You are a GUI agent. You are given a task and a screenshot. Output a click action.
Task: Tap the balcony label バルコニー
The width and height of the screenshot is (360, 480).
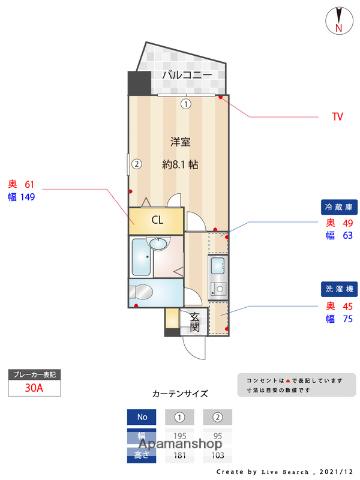(x=185, y=75)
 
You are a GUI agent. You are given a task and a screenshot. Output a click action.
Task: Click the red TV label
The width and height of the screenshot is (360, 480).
(x=337, y=118)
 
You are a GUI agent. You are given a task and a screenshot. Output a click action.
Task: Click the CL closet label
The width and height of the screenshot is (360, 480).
(x=157, y=219)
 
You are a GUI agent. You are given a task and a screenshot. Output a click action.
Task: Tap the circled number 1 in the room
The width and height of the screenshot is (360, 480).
(x=185, y=103)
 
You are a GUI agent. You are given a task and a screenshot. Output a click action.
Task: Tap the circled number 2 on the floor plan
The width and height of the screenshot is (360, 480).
(x=139, y=165)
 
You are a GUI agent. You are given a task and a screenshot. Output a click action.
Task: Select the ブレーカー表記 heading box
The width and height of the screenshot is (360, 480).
(x=34, y=373)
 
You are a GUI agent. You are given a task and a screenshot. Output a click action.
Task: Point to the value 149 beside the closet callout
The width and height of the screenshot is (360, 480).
(x=28, y=197)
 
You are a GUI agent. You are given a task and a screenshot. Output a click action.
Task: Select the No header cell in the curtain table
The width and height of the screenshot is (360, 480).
(x=141, y=417)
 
